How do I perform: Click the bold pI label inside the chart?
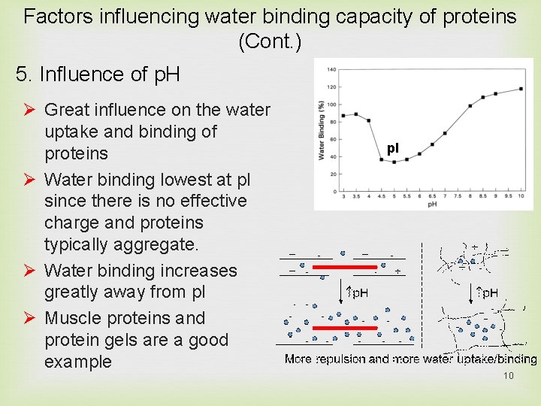tap(393, 148)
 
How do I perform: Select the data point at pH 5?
tap(394, 162)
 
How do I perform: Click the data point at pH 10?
tap(521, 89)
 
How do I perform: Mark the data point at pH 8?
tap(470, 106)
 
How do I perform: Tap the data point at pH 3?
tap(343, 116)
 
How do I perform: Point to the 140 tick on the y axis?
tap(331, 70)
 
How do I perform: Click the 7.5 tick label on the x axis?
tap(457, 195)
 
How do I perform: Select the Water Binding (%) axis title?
tap(322, 132)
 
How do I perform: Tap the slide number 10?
tap(508, 375)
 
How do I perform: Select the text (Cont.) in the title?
tap(270, 42)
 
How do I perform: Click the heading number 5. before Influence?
tap(24, 74)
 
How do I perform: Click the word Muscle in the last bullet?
tap(71, 318)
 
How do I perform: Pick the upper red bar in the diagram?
tap(356, 266)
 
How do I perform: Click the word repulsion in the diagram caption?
tap(340, 359)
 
